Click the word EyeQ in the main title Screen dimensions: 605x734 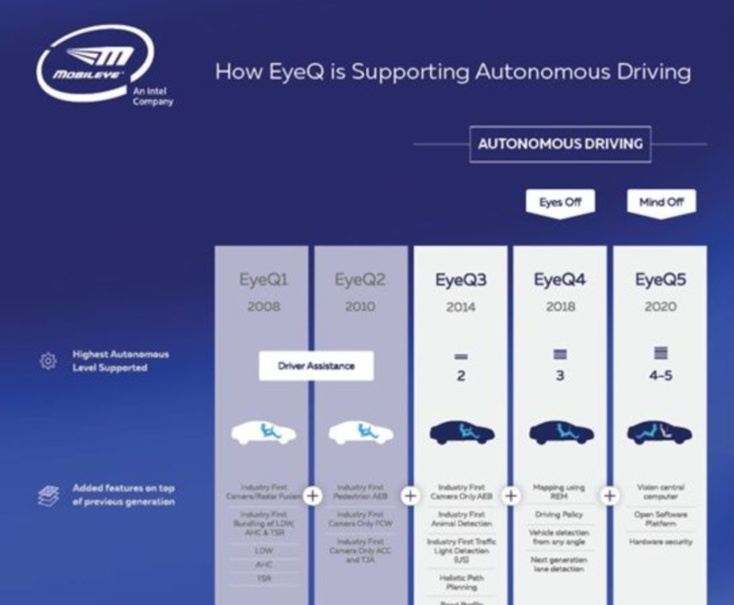point(319,73)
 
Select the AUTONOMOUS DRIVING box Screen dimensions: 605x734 point(560,144)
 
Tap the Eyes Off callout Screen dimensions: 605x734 point(560,202)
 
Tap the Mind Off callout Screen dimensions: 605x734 point(661,202)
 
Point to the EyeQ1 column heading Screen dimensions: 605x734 point(264,280)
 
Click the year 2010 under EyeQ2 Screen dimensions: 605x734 point(360,306)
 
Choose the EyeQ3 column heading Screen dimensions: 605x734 point(460,280)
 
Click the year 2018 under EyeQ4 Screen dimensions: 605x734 point(561,306)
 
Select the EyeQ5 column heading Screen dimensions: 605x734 point(661,280)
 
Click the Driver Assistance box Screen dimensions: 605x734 point(316,366)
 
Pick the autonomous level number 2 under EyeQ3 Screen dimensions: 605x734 point(461,377)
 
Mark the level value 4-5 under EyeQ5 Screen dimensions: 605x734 point(661,376)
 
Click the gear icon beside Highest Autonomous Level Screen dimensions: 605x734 point(48,361)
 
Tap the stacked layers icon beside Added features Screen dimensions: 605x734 point(48,496)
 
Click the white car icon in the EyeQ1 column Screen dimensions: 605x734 point(264,433)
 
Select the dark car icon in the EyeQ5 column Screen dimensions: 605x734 point(660,433)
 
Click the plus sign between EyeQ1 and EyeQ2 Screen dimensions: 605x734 point(313,496)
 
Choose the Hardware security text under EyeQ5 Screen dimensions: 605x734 point(661,541)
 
